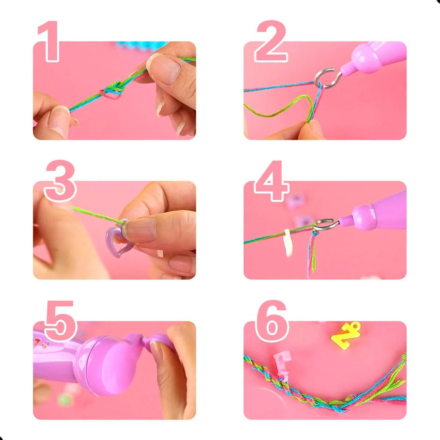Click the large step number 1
pyautogui.click(x=50, y=41)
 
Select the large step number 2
pyautogui.click(x=271, y=41)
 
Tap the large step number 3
pyautogui.click(x=60, y=181)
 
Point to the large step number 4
pyautogui.click(x=271, y=181)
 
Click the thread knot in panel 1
pyautogui.click(x=112, y=90)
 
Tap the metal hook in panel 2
pyautogui.click(x=327, y=78)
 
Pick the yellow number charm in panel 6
pyautogui.click(x=346, y=335)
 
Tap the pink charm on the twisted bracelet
pyautogui.click(x=282, y=366)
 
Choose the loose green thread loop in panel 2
pyautogui.click(x=281, y=108)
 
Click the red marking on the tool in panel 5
pyautogui.click(x=41, y=343)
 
